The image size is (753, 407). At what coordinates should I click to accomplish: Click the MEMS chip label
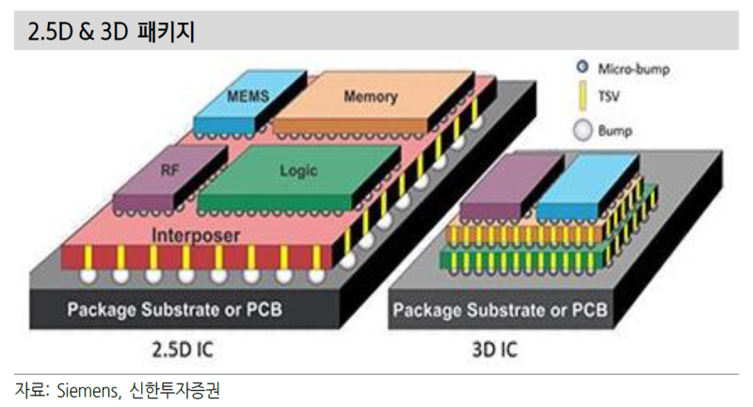tap(248, 96)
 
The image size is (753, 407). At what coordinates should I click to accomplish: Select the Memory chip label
tap(371, 97)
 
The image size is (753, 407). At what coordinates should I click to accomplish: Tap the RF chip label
tap(170, 171)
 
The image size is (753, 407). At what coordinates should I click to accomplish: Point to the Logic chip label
tap(298, 171)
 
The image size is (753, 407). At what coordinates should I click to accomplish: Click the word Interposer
tap(196, 236)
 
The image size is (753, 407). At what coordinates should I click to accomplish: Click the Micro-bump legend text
tap(633, 69)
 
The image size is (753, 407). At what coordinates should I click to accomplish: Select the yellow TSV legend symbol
tap(583, 97)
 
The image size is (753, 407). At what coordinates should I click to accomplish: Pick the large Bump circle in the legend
tap(583, 130)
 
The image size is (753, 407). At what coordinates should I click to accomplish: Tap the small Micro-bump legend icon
tap(583, 66)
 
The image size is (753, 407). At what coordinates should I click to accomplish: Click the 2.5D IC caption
tap(183, 350)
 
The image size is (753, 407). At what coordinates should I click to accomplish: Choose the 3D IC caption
tap(495, 350)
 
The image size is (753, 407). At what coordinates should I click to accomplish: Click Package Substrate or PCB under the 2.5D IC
tap(174, 309)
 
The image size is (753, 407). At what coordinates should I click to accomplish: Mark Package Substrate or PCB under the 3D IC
tap(500, 310)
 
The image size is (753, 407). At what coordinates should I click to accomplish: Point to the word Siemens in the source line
tap(88, 390)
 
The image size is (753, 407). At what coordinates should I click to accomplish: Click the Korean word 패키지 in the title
tap(166, 32)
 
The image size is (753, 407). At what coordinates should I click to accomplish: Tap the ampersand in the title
tap(86, 32)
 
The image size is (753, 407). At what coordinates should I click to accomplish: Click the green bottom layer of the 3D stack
tap(522, 261)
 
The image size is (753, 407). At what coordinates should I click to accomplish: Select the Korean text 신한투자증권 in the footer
tap(174, 390)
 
